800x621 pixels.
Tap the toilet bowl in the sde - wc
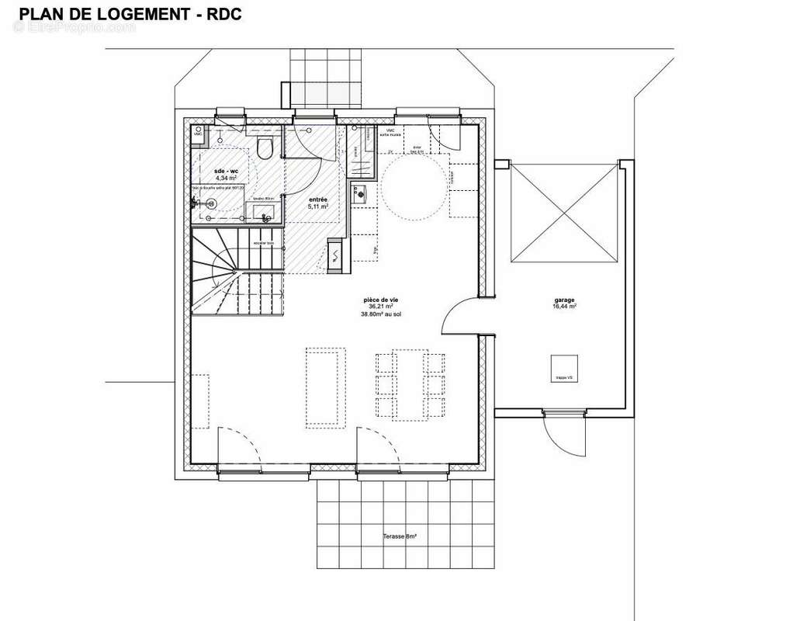(x=265, y=148)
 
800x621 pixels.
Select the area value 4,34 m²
(x=226, y=179)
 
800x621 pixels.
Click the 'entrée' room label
(x=318, y=200)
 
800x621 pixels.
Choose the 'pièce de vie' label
(x=380, y=300)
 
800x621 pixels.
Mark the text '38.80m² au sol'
(x=380, y=314)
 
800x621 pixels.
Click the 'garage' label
(x=564, y=300)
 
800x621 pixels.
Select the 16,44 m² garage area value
(x=564, y=307)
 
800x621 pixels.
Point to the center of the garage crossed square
(x=564, y=213)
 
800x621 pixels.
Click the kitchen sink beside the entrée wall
(x=361, y=194)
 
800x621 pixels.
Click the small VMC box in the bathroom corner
(x=199, y=133)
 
